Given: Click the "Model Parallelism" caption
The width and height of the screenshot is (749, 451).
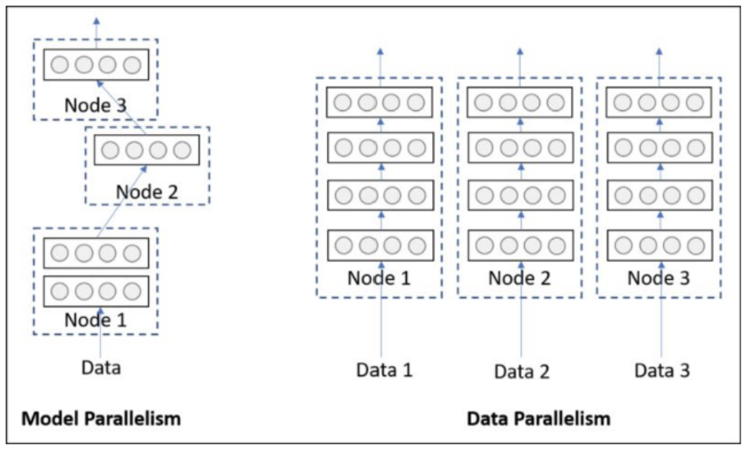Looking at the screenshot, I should [x=100, y=418].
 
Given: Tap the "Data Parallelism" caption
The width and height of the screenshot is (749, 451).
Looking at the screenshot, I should [x=538, y=418].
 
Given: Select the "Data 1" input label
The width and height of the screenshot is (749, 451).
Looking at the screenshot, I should [x=384, y=369].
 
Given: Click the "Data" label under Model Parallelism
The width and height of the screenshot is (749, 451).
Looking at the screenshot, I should [x=101, y=367].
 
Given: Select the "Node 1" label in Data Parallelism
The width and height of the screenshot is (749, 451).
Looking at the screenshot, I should [x=380, y=278].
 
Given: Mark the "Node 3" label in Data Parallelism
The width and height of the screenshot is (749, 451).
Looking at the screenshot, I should [x=659, y=278].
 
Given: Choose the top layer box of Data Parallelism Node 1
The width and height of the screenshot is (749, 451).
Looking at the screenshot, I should [x=380, y=102].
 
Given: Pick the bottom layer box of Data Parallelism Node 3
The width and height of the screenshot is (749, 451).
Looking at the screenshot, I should [x=660, y=244].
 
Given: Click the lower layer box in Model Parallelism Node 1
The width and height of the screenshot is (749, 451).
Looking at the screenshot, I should [x=95, y=290].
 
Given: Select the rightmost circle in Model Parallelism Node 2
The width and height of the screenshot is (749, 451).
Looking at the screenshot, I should [x=181, y=150].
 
